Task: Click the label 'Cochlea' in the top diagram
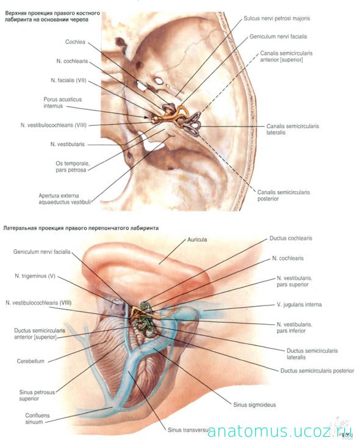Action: tap(75, 42)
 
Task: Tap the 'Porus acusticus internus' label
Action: tap(62, 103)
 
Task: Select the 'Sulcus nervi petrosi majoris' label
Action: tap(277, 18)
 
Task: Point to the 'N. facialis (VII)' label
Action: tap(68, 81)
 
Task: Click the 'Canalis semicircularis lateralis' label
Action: tap(292, 129)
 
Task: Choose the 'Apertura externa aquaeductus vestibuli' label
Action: tap(65, 198)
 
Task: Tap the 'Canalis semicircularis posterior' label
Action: tap(283, 195)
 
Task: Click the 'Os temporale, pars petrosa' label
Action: tap(73, 167)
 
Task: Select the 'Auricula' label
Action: tap(197, 239)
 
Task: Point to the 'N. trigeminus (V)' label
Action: tap(35, 276)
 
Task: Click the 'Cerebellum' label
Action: tap(31, 361)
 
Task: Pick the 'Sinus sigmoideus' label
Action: tap(254, 405)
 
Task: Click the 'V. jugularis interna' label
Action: tap(299, 305)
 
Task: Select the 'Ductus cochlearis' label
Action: tap(290, 238)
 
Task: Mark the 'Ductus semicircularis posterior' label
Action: tap(317, 371)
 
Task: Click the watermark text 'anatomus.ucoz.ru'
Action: tap(280, 432)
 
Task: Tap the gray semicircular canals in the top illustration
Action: tap(192, 125)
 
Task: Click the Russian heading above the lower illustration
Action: tap(81, 228)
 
